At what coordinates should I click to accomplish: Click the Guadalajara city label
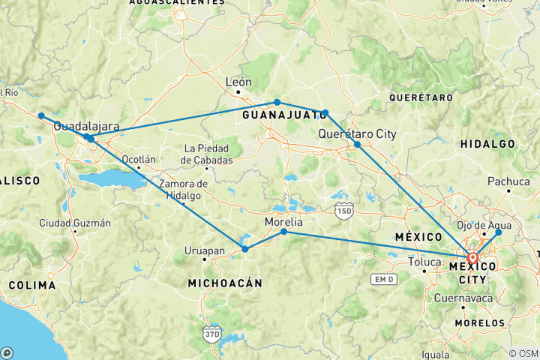coord(83,127)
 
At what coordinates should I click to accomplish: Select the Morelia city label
coord(284,222)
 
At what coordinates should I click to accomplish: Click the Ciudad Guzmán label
coord(75,223)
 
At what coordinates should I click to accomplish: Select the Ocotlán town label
coord(139,159)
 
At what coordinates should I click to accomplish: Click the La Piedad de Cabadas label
coord(208,154)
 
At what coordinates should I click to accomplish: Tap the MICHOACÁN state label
coord(225,283)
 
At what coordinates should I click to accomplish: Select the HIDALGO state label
coord(487,143)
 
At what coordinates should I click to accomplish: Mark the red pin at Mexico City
coord(473,258)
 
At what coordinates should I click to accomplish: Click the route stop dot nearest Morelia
coord(283,232)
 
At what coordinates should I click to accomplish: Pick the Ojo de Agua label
coord(484,225)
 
